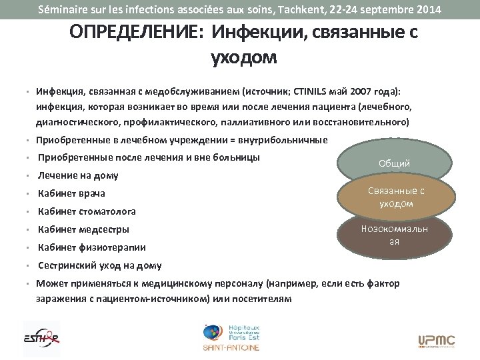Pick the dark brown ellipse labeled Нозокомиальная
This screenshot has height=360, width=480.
click(394, 234)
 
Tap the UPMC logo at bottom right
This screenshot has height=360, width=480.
click(436, 341)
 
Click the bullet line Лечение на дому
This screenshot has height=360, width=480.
click(78, 175)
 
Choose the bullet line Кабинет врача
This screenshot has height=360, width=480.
click(72, 193)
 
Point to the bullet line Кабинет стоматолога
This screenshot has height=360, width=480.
click(87, 211)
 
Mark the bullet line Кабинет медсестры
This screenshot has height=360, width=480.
click(83, 229)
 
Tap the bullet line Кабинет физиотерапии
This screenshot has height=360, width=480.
click(91, 247)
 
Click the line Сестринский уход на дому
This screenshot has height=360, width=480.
click(99, 265)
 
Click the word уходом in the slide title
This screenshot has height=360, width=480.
click(243, 59)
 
